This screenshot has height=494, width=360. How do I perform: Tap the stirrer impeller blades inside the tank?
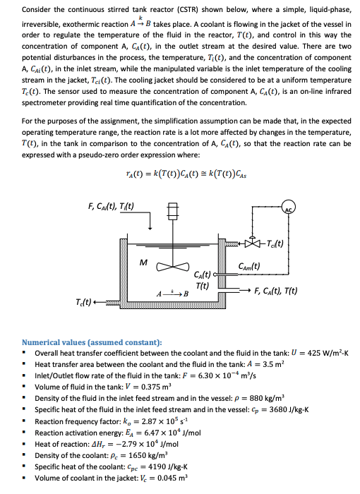point(172,267)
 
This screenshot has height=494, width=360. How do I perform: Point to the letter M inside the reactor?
point(143,262)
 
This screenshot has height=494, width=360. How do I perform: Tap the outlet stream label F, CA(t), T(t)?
point(270,290)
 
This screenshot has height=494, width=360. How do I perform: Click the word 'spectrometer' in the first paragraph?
point(45,100)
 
